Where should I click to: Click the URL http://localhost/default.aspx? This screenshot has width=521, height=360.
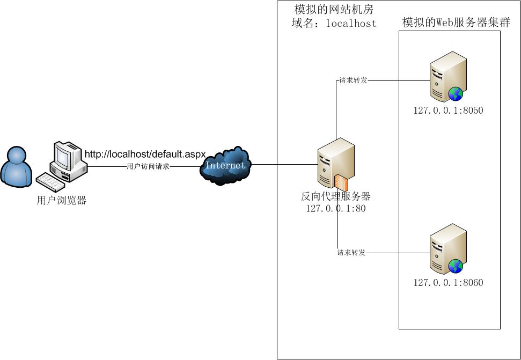point(145,155)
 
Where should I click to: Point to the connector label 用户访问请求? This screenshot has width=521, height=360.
point(148,167)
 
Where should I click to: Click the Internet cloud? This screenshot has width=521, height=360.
point(225,165)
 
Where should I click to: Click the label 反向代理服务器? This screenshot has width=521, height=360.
point(336,196)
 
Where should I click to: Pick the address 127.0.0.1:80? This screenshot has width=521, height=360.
point(336,209)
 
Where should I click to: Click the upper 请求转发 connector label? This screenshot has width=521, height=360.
point(353,81)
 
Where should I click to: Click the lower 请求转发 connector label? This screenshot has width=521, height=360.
point(351,253)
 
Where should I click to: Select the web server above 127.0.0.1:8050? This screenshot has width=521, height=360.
point(447,76)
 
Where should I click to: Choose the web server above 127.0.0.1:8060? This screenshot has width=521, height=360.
point(447,248)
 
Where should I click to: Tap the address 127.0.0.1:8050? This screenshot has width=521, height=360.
point(448,111)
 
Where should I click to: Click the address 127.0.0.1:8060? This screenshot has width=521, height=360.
point(448,283)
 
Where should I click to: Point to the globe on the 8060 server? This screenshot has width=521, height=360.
point(456,266)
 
